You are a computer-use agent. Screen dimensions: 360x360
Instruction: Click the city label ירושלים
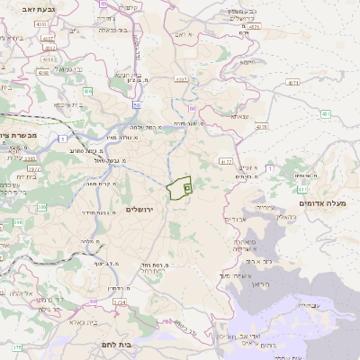click(x=140, y=209)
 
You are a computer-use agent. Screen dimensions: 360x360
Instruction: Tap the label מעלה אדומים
click(x=325, y=202)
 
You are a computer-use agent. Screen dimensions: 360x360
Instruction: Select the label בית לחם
click(x=138, y=344)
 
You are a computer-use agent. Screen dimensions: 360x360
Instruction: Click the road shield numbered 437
click(x=324, y=113)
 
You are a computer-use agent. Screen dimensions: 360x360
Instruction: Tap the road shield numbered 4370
click(x=262, y=127)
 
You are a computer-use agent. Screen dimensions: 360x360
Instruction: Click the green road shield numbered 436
click(x=88, y=91)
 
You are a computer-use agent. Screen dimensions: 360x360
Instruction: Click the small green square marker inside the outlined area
click(x=187, y=188)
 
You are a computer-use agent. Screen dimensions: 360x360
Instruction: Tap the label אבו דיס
click(x=233, y=219)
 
